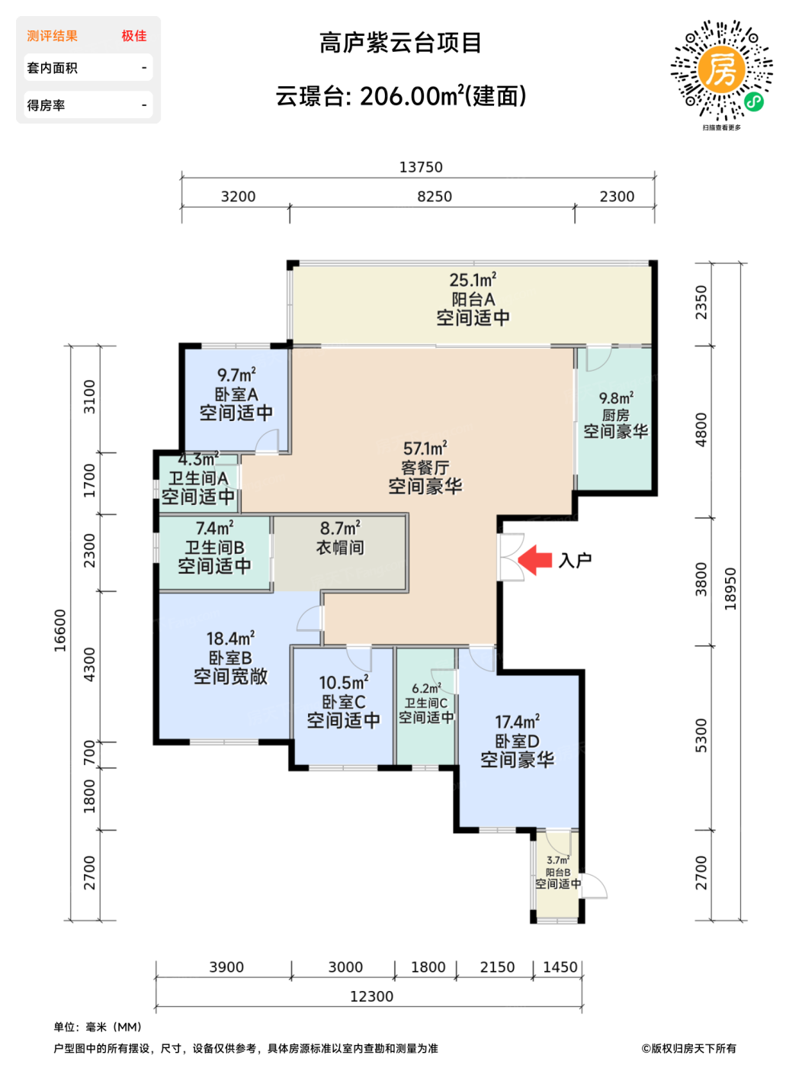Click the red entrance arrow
[x=534, y=560]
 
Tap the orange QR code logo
[x=721, y=69]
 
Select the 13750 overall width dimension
[x=421, y=167]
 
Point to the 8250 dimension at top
[x=435, y=197]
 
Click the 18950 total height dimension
[x=730, y=589]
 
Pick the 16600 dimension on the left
[x=59, y=630]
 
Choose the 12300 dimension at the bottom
[x=371, y=996]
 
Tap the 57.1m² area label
[x=425, y=448]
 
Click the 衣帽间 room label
[x=340, y=548]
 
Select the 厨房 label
[x=615, y=415]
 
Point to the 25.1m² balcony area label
[x=473, y=280]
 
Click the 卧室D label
[x=517, y=741]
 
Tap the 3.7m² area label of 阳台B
[x=558, y=861]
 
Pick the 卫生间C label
[x=426, y=703]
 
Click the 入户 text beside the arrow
[x=575, y=560]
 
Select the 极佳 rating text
[x=134, y=36]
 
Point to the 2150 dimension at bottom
[x=497, y=967]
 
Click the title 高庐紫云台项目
[x=400, y=43]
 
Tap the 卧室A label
[x=236, y=394]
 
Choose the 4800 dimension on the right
[x=701, y=429]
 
